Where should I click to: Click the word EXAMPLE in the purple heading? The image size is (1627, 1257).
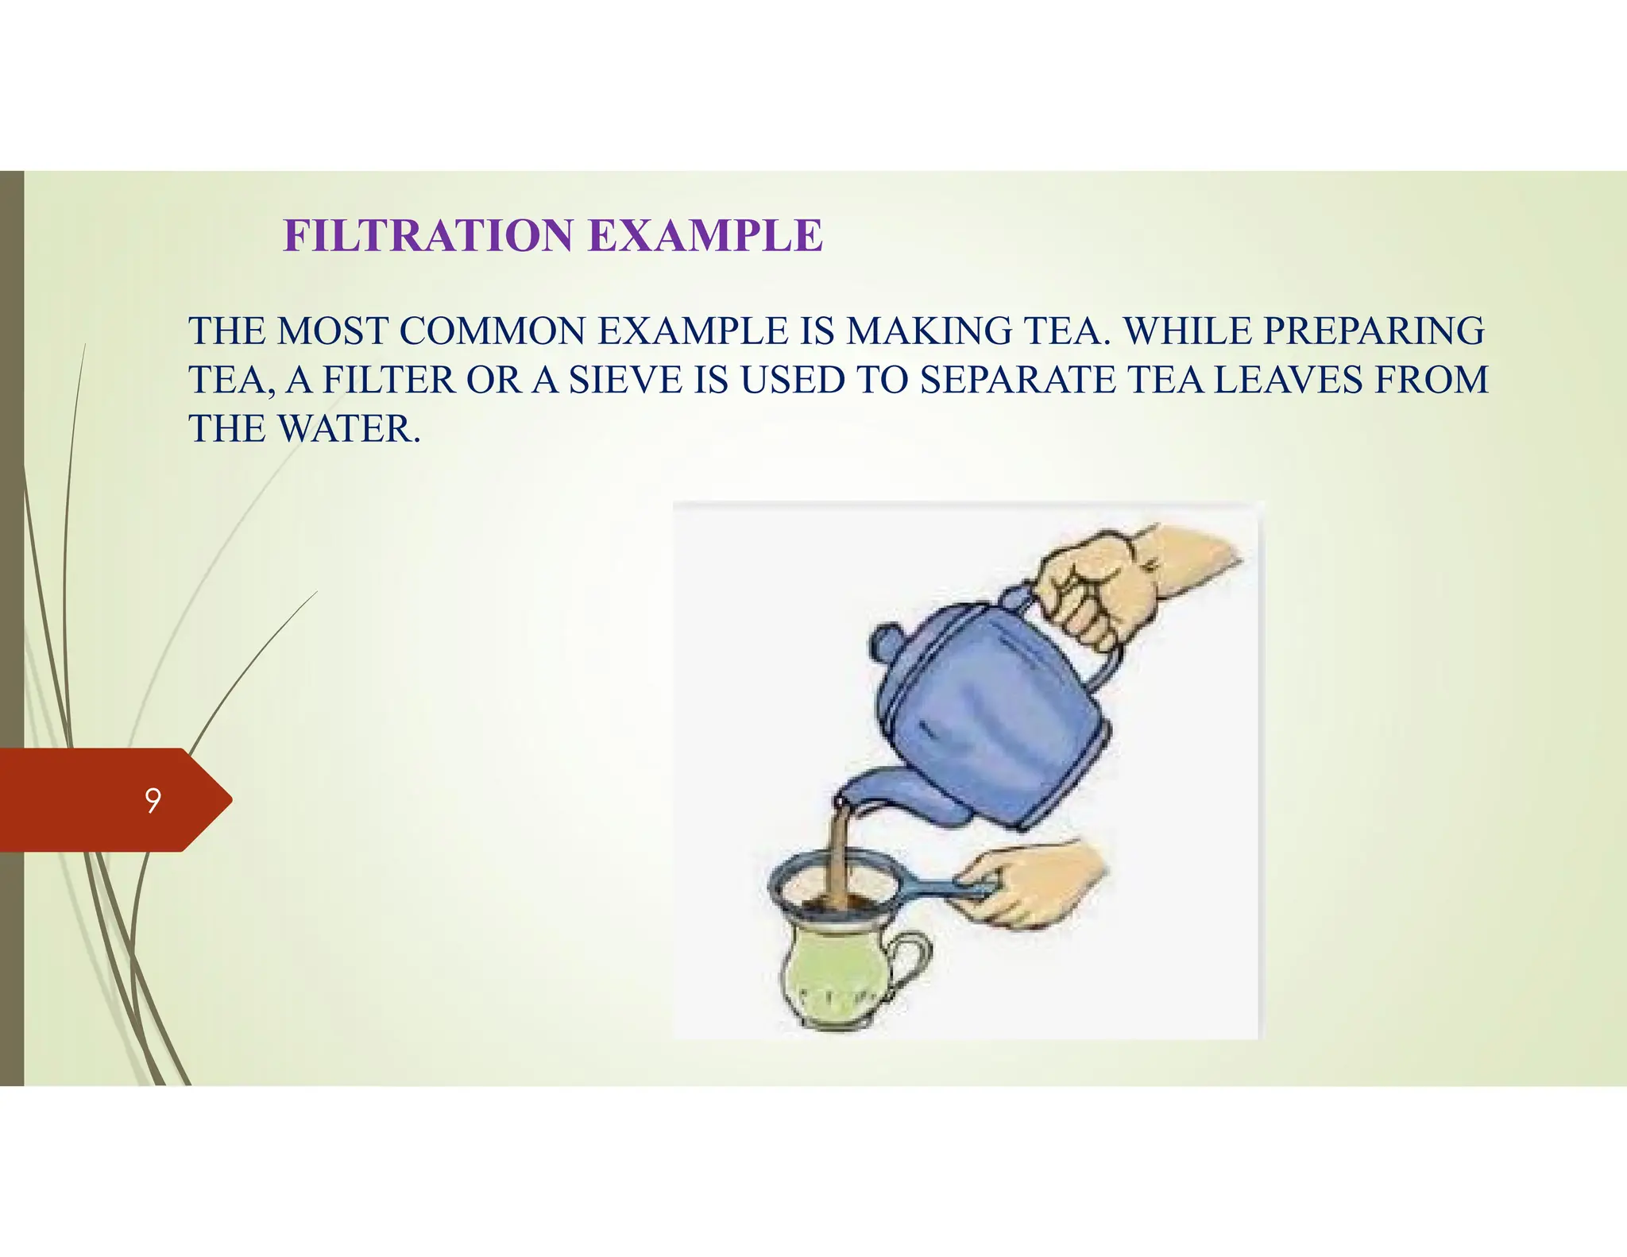(705, 236)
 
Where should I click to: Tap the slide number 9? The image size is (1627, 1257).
(153, 800)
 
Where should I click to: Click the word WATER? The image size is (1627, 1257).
(348, 430)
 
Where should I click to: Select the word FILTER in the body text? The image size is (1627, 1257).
(389, 381)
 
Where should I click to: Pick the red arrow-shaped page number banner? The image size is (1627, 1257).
(111, 800)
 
